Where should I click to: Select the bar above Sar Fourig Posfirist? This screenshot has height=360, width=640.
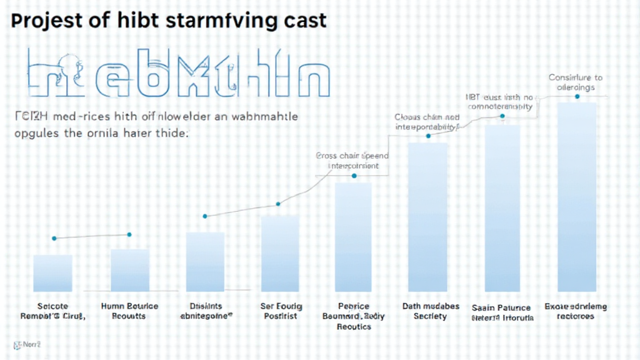(x=279, y=253)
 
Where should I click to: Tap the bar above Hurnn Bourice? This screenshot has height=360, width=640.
(x=129, y=270)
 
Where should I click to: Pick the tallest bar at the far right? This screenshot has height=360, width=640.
(x=576, y=197)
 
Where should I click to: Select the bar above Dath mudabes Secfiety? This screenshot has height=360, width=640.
(x=428, y=217)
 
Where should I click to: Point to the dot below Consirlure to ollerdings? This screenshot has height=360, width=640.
(x=576, y=97)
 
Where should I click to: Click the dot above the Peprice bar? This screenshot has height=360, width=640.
(x=354, y=176)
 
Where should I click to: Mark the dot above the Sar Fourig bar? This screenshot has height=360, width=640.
(x=279, y=204)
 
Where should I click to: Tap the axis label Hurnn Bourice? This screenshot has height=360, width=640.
(x=129, y=311)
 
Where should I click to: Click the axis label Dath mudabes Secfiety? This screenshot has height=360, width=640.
(x=431, y=311)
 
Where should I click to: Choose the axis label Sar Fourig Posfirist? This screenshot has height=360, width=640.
(x=281, y=311)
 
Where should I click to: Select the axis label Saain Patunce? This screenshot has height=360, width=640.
(x=502, y=312)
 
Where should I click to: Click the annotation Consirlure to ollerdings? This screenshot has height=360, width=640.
(x=576, y=82)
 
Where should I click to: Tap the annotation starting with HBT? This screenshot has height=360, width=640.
(x=501, y=102)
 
